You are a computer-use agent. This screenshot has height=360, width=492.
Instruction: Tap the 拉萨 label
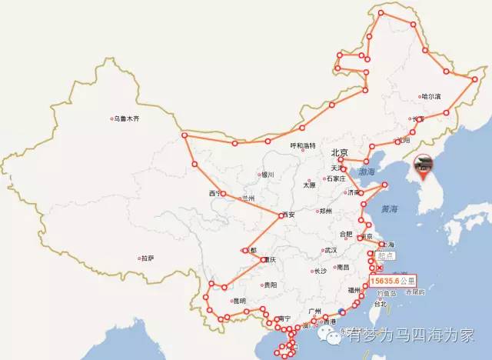coord(146,258)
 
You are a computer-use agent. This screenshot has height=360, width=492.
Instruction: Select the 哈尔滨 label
coord(430,97)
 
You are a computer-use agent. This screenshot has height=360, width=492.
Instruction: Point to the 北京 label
coord(339,152)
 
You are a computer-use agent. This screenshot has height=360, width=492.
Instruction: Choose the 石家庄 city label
coord(335,178)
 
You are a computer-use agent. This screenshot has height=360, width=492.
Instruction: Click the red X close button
coord(379,268)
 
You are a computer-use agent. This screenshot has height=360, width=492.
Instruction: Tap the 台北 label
coord(381,304)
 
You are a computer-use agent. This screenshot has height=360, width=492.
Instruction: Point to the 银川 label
coord(268,175)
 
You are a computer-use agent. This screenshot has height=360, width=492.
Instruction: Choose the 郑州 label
coord(325,211)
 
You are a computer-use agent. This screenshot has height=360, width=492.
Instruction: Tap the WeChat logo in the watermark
coord(333,335)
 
